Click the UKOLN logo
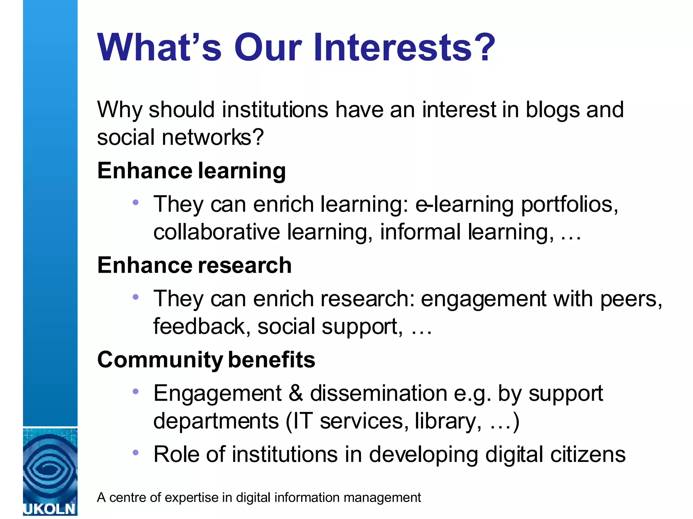[50, 472]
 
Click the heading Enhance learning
[192, 171]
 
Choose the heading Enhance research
[194, 265]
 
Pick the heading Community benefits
[206, 360]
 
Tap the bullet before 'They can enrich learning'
[136, 202]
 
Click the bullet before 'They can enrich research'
[136, 297]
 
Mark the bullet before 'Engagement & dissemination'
[136, 392]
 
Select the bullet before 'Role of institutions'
[136, 452]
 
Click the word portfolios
[569, 205]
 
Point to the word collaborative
[217, 232]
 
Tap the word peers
[631, 299]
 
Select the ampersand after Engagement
[296, 394]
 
